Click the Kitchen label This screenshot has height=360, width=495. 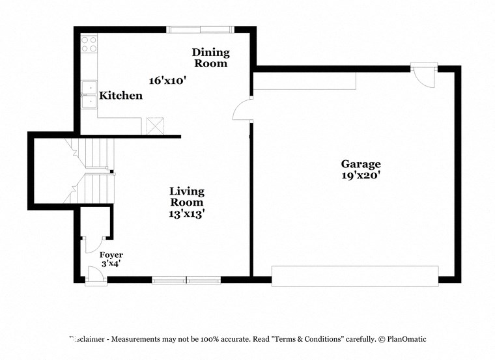point(120,96)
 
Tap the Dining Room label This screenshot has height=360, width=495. point(210,58)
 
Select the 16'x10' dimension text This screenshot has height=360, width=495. point(167,81)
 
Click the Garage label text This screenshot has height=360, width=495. point(360,164)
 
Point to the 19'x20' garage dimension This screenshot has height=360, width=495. point(360,174)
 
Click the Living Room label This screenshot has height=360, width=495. point(187,197)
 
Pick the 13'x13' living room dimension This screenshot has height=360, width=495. point(187,213)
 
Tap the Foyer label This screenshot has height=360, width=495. point(111,255)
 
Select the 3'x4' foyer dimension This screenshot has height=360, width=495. point(110,264)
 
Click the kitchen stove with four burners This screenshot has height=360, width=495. point(89,44)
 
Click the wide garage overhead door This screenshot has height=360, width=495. point(355,275)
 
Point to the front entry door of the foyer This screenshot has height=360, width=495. point(95,277)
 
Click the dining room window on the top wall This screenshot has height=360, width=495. point(199,29)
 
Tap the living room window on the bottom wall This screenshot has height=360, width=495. point(186,281)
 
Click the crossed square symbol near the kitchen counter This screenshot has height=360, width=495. point(155,126)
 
